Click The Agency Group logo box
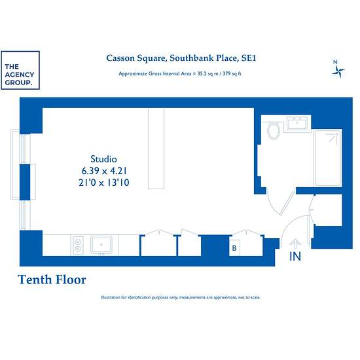pos(20,70)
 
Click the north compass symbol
pos(338,69)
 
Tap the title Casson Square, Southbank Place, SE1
pos(181,58)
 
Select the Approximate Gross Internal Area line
pos(180,74)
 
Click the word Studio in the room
pos(104,159)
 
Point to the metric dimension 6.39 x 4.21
pos(104,171)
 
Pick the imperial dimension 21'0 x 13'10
pos(104,183)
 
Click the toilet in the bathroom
pos(274,131)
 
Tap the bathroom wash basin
pos(297,124)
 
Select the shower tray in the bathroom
pos(328,158)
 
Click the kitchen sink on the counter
pos(101,245)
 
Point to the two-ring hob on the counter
pos(78,245)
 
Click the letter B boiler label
pos(234,248)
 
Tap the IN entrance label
pos(295,257)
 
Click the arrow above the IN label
pos(295,245)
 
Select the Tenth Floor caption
pos(52,279)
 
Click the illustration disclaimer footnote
pos(181,297)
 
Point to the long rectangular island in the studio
pos(156,149)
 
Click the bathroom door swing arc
pos(273,204)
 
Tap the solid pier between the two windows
pos(25,182)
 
